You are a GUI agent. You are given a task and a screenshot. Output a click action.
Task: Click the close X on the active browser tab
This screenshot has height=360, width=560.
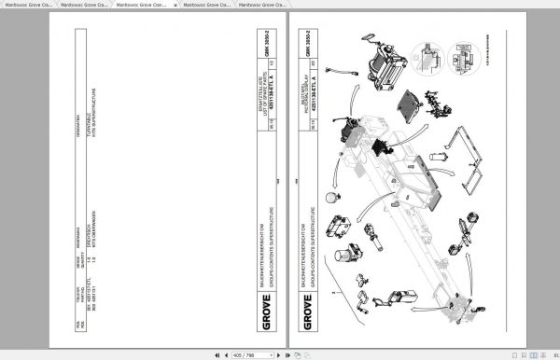(x=175, y=6)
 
